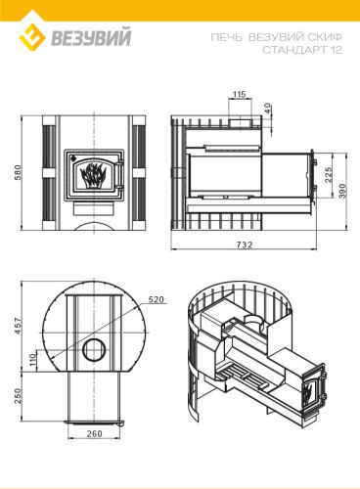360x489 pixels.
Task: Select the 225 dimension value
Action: [x=329, y=175]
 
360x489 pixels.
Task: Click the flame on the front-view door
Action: [x=94, y=177]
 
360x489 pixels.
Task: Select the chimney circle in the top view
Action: [x=96, y=350]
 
